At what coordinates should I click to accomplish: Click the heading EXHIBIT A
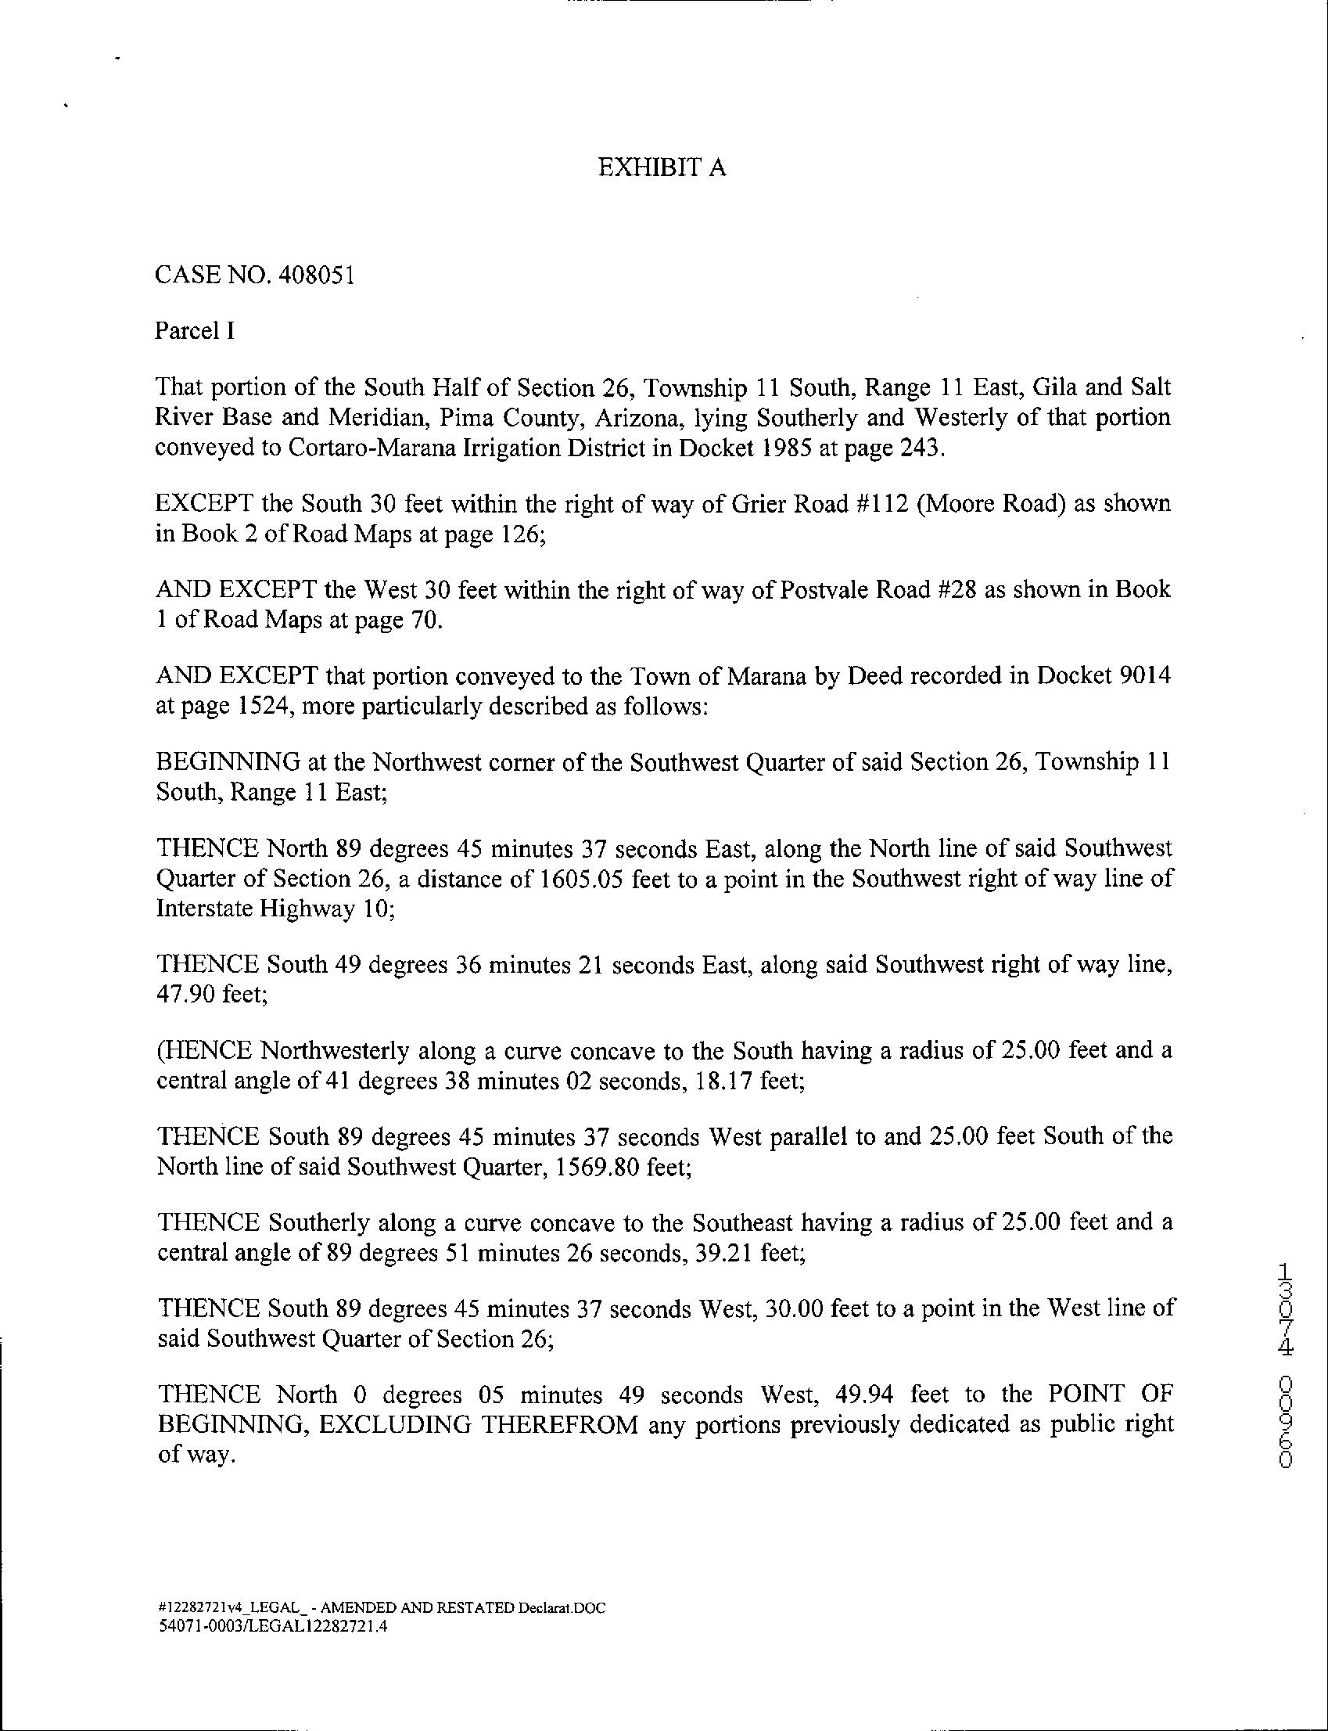662,167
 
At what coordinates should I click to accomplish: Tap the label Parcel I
195,330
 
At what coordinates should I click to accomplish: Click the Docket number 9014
1146,676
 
